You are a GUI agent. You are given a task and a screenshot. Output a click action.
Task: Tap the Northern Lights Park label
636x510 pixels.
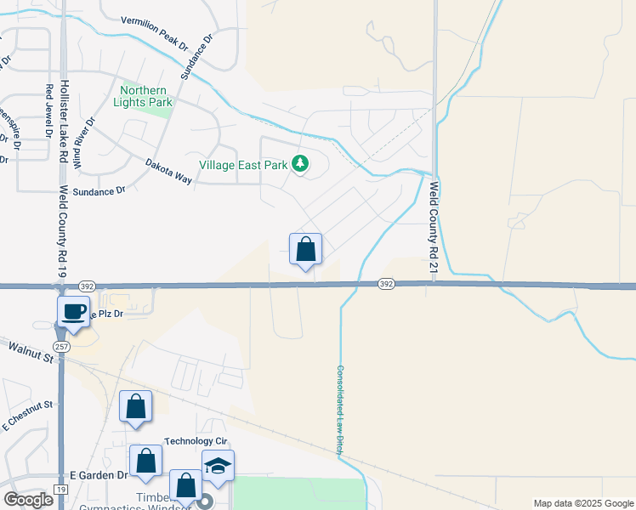[146, 96]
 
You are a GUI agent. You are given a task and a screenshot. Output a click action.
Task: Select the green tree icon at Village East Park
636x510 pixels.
[299, 164]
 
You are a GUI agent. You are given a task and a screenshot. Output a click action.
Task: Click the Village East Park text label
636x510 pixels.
[243, 165]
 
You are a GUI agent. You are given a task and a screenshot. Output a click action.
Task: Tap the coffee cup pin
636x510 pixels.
[73, 311]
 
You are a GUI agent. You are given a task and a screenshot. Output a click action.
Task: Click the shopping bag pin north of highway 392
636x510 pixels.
[306, 250]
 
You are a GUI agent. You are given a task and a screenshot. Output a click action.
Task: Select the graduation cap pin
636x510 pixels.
[218, 467]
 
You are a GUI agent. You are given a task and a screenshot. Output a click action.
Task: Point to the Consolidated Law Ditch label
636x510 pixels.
[339, 411]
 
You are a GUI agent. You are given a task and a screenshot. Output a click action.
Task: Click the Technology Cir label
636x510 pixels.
[196, 440]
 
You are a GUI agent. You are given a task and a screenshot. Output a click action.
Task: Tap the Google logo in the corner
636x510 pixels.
[28, 500]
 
